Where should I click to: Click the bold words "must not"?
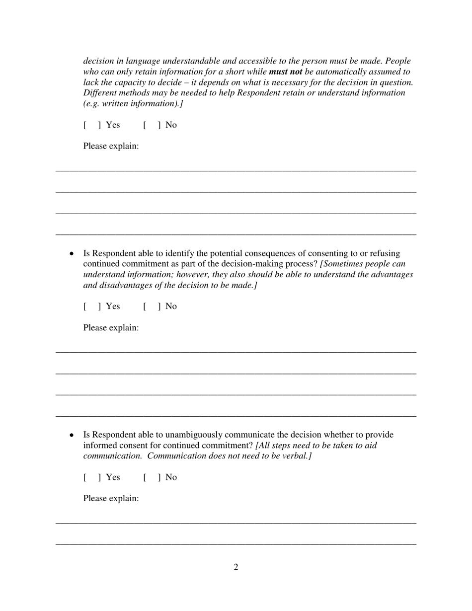click(x=285, y=72)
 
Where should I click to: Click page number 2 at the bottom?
click(x=236, y=567)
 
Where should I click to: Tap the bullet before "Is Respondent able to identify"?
click(x=72, y=254)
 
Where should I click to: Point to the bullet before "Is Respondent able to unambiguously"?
click(x=72, y=435)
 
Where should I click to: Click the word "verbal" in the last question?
click(x=295, y=456)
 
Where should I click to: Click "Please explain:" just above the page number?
click(x=111, y=498)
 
